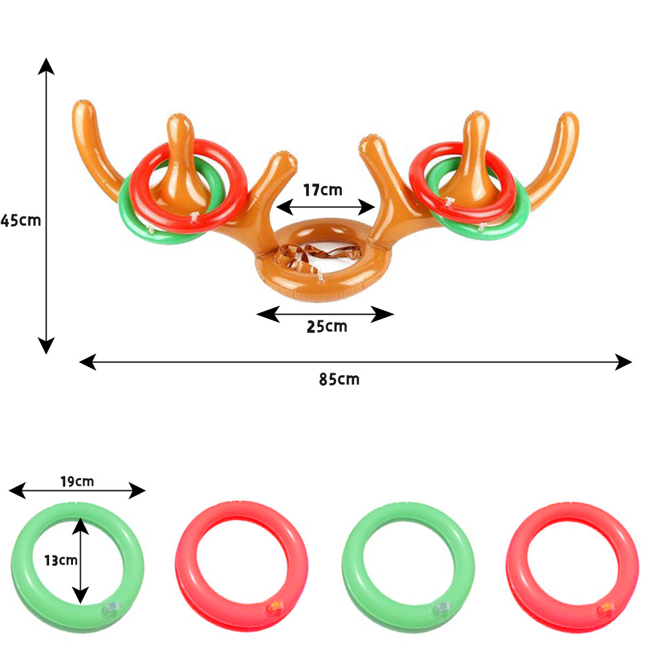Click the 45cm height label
click(x=21, y=221)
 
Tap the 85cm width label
click(x=339, y=379)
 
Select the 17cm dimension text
click(x=322, y=190)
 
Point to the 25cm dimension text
click(x=327, y=327)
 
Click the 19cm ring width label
click(x=77, y=481)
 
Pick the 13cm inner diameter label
click(x=61, y=560)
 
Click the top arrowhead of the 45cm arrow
click(x=46, y=66)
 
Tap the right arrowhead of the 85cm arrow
click(x=623, y=362)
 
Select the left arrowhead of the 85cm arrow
click(x=88, y=362)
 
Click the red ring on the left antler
click(x=188, y=186)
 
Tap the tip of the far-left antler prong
click(x=83, y=103)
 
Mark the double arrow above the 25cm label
click(x=325, y=315)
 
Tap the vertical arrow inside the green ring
click(x=80, y=561)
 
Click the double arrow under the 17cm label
click(x=326, y=207)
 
